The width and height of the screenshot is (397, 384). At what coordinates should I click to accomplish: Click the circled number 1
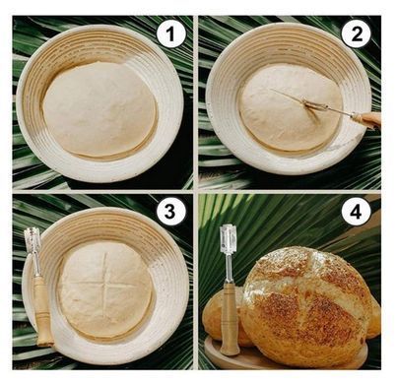(x=170, y=33)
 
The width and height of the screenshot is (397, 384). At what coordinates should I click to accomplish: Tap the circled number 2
(x=356, y=33)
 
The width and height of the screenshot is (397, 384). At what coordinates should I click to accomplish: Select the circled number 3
(x=169, y=212)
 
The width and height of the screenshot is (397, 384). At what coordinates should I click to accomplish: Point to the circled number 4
(x=356, y=212)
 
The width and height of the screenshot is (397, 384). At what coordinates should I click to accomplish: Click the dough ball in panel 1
(x=100, y=108)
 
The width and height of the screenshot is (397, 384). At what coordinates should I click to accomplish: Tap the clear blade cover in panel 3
(x=33, y=239)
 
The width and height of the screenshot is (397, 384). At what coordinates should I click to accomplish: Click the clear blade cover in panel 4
(x=228, y=238)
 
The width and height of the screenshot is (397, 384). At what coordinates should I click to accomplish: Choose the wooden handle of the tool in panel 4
(x=230, y=318)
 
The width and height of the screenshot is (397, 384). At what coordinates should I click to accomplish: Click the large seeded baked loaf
(x=307, y=307)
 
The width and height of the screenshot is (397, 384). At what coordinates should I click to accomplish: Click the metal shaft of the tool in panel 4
(x=229, y=269)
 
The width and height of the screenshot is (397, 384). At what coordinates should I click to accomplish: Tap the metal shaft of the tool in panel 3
(x=36, y=264)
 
